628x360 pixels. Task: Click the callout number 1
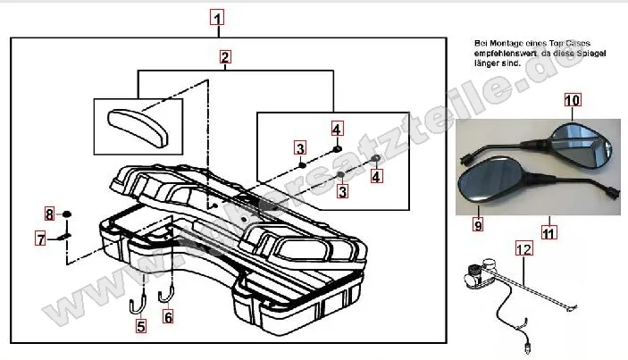point(219,17)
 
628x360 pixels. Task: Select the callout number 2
point(225,57)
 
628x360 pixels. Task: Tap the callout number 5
point(140,327)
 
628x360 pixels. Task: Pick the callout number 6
point(168,315)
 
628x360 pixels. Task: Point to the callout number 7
point(40,239)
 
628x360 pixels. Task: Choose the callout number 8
point(51,213)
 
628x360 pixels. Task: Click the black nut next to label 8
point(68,214)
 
